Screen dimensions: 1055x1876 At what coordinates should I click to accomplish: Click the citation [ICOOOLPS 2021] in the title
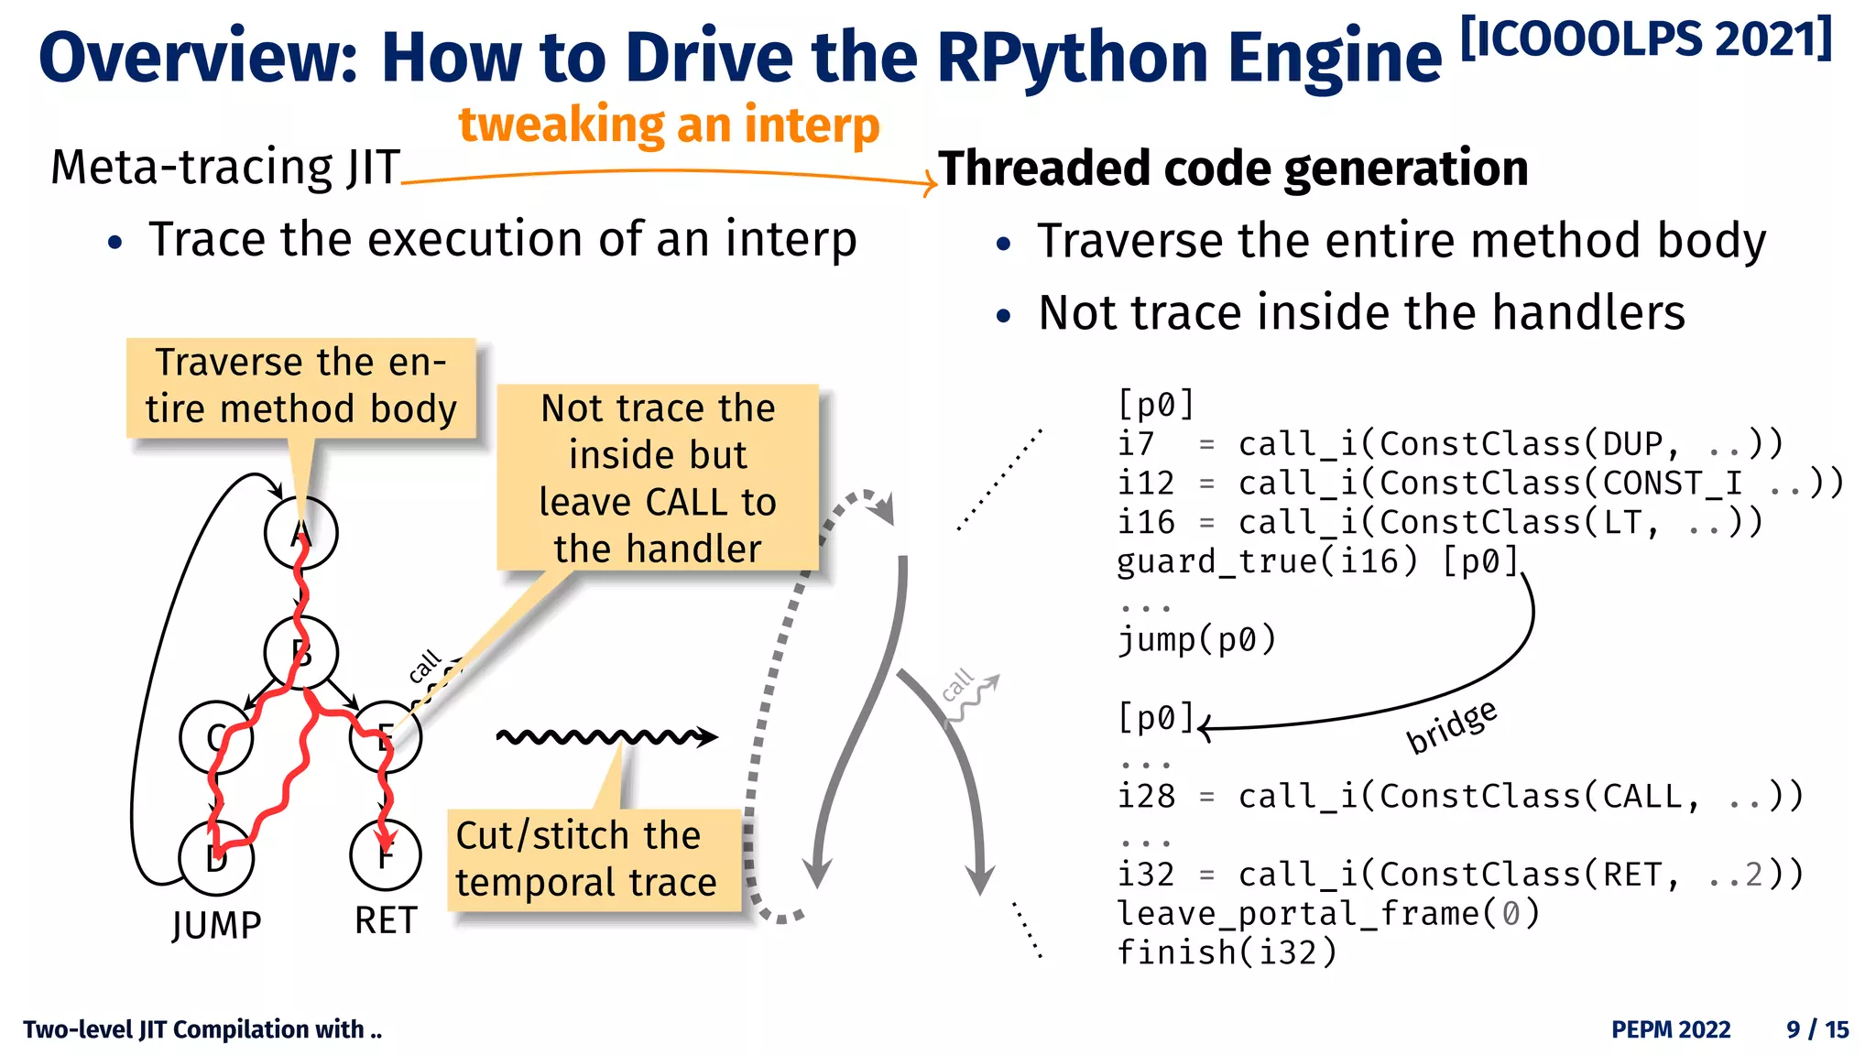(1645, 39)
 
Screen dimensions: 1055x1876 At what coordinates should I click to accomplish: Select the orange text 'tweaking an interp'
(669, 125)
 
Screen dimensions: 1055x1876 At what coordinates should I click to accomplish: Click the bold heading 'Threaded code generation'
(1233, 169)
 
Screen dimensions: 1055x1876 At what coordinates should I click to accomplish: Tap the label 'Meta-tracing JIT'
(225, 168)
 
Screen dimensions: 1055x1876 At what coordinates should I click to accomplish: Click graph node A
(300, 532)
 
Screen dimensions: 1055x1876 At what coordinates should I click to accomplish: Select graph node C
(215, 736)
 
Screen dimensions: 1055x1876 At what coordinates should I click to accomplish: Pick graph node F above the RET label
(386, 854)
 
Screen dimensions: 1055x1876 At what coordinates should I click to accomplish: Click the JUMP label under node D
(217, 924)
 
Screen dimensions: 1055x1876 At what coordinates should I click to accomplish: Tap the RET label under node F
(386, 920)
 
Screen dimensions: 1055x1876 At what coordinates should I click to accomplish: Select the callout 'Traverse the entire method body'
(300, 386)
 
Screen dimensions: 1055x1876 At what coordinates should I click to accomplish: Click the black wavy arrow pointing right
(605, 736)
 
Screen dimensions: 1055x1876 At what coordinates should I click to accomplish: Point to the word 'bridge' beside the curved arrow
(1452, 726)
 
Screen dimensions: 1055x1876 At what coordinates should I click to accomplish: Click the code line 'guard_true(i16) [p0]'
(1317, 560)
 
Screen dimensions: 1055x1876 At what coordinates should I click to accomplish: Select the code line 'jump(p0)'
(1196, 639)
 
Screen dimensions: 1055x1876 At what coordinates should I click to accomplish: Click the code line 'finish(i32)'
(1227, 952)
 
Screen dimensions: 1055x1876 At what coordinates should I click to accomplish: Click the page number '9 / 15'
(1817, 1029)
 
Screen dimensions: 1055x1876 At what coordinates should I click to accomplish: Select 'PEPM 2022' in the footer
(1671, 1029)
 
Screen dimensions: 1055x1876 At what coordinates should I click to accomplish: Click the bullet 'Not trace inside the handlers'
(1360, 312)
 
